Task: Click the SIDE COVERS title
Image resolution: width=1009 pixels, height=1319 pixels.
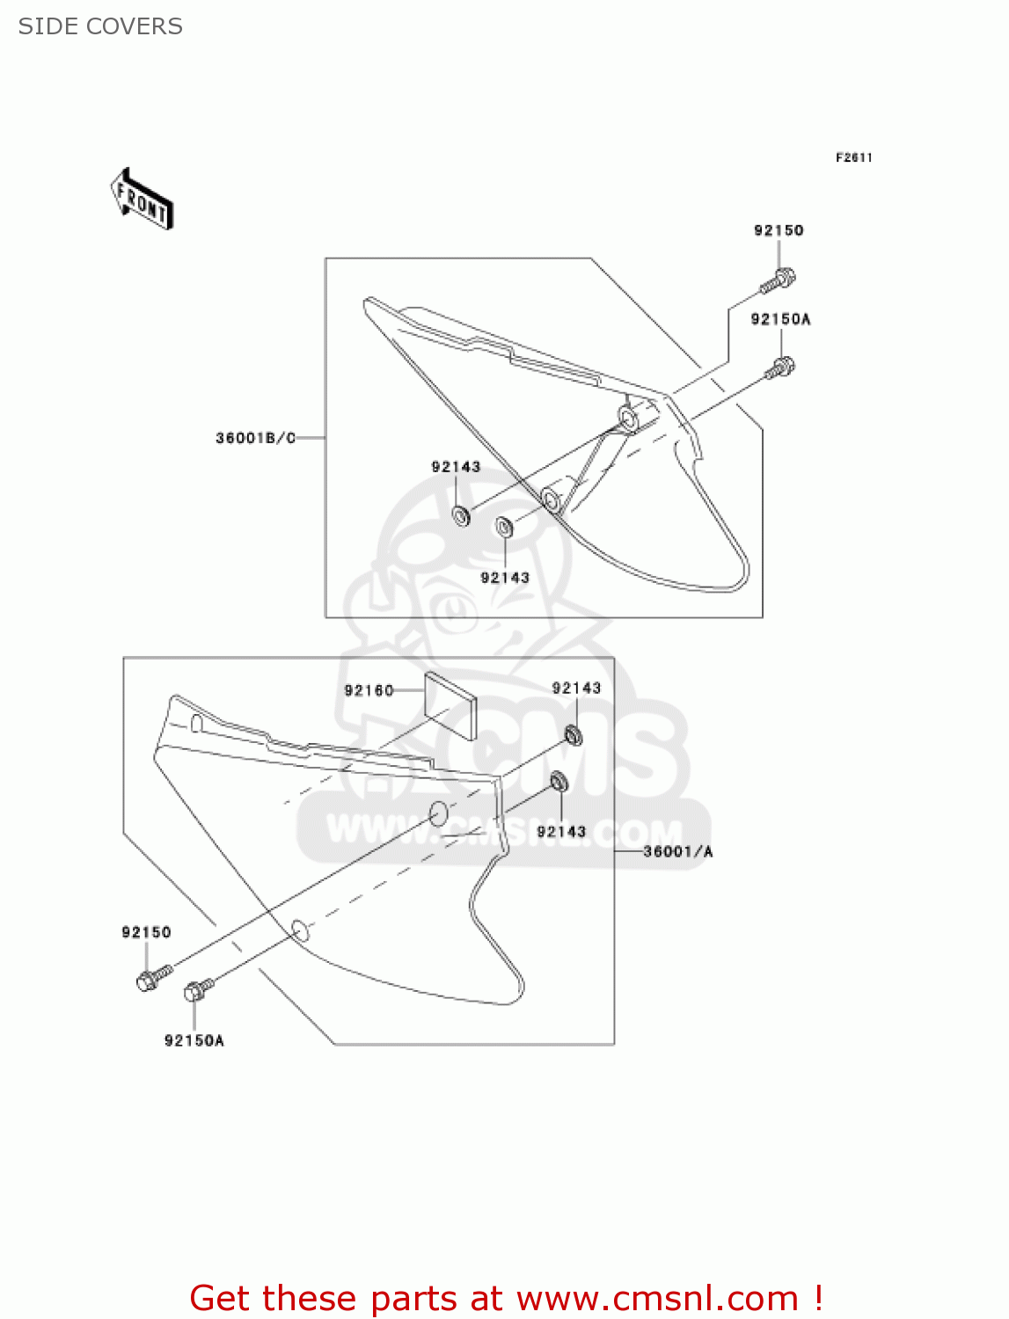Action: (100, 26)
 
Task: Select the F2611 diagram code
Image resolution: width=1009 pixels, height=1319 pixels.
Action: (853, 157)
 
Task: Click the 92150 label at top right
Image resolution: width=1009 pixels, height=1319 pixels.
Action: (779, 230)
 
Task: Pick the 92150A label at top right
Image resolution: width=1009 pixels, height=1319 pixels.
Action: (780, 319)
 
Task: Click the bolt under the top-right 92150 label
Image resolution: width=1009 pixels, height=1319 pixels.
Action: (778, 281)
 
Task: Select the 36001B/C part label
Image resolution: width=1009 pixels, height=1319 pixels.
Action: (255, 438)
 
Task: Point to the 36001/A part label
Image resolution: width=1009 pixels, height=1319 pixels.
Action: (677, 851)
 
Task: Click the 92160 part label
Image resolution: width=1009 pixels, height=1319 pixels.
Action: (369, 690)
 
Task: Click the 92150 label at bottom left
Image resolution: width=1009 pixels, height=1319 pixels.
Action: (146, 932)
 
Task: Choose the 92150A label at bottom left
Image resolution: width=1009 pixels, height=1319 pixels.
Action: (194, 1040)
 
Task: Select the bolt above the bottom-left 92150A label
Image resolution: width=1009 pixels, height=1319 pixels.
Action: (198, 991)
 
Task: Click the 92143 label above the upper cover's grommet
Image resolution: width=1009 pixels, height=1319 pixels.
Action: (456, 467)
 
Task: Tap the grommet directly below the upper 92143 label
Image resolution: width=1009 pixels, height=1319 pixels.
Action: (461, 515)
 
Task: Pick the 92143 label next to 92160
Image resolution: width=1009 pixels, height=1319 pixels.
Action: (576, 689)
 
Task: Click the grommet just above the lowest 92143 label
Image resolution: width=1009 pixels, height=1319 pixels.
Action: (559, 782)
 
